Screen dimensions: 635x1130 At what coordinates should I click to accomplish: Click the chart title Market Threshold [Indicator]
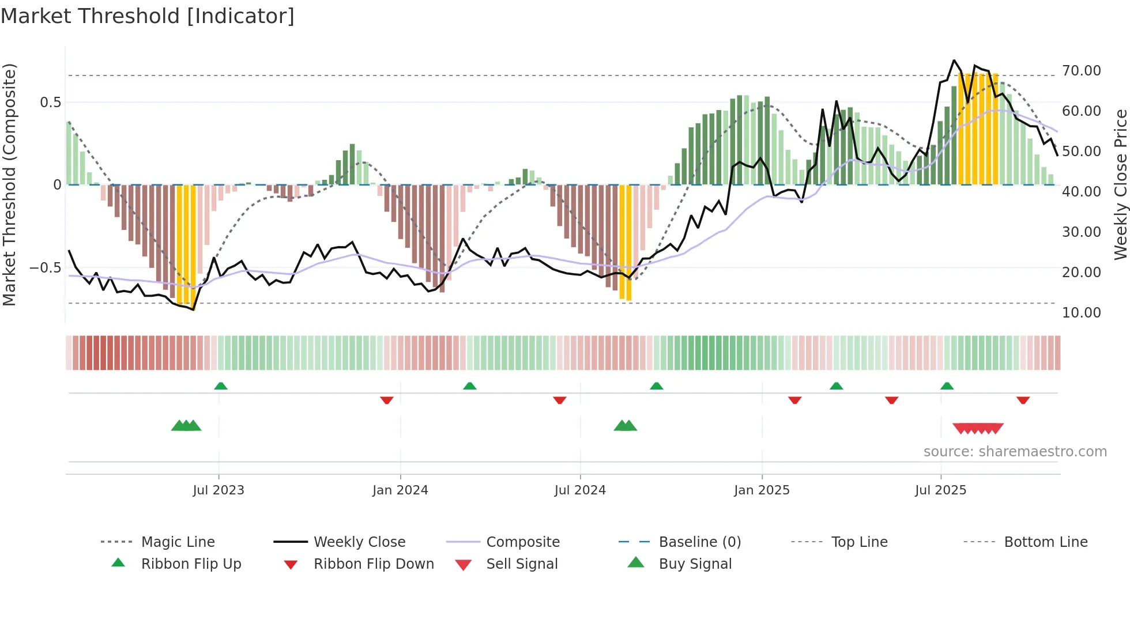pos(148,16)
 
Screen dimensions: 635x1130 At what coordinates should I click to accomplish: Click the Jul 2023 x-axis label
pos(219,490)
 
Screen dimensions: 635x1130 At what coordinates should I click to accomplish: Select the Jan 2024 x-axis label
pos(400,490)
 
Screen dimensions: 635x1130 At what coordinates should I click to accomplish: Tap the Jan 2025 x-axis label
pos(762,490)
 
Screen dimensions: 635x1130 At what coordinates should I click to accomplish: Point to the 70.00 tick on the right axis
pos(1081,71)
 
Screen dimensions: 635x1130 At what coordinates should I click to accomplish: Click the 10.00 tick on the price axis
pos(1081,313)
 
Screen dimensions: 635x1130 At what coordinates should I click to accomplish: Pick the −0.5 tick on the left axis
pos(45,268)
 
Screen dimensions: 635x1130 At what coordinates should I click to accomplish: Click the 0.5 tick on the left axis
pos(50,103)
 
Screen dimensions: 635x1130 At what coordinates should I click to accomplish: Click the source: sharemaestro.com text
pos(1015,452)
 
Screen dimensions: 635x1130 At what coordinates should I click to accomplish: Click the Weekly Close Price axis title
pos(1120,184)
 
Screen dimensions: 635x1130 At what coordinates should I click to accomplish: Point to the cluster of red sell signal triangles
pos(978,429)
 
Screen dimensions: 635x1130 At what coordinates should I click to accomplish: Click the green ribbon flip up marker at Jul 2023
pos(221,386)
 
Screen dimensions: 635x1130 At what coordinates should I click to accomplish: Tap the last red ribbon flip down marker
pos(1023,400)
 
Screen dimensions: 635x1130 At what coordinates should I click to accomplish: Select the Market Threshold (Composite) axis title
pos(9,184)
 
